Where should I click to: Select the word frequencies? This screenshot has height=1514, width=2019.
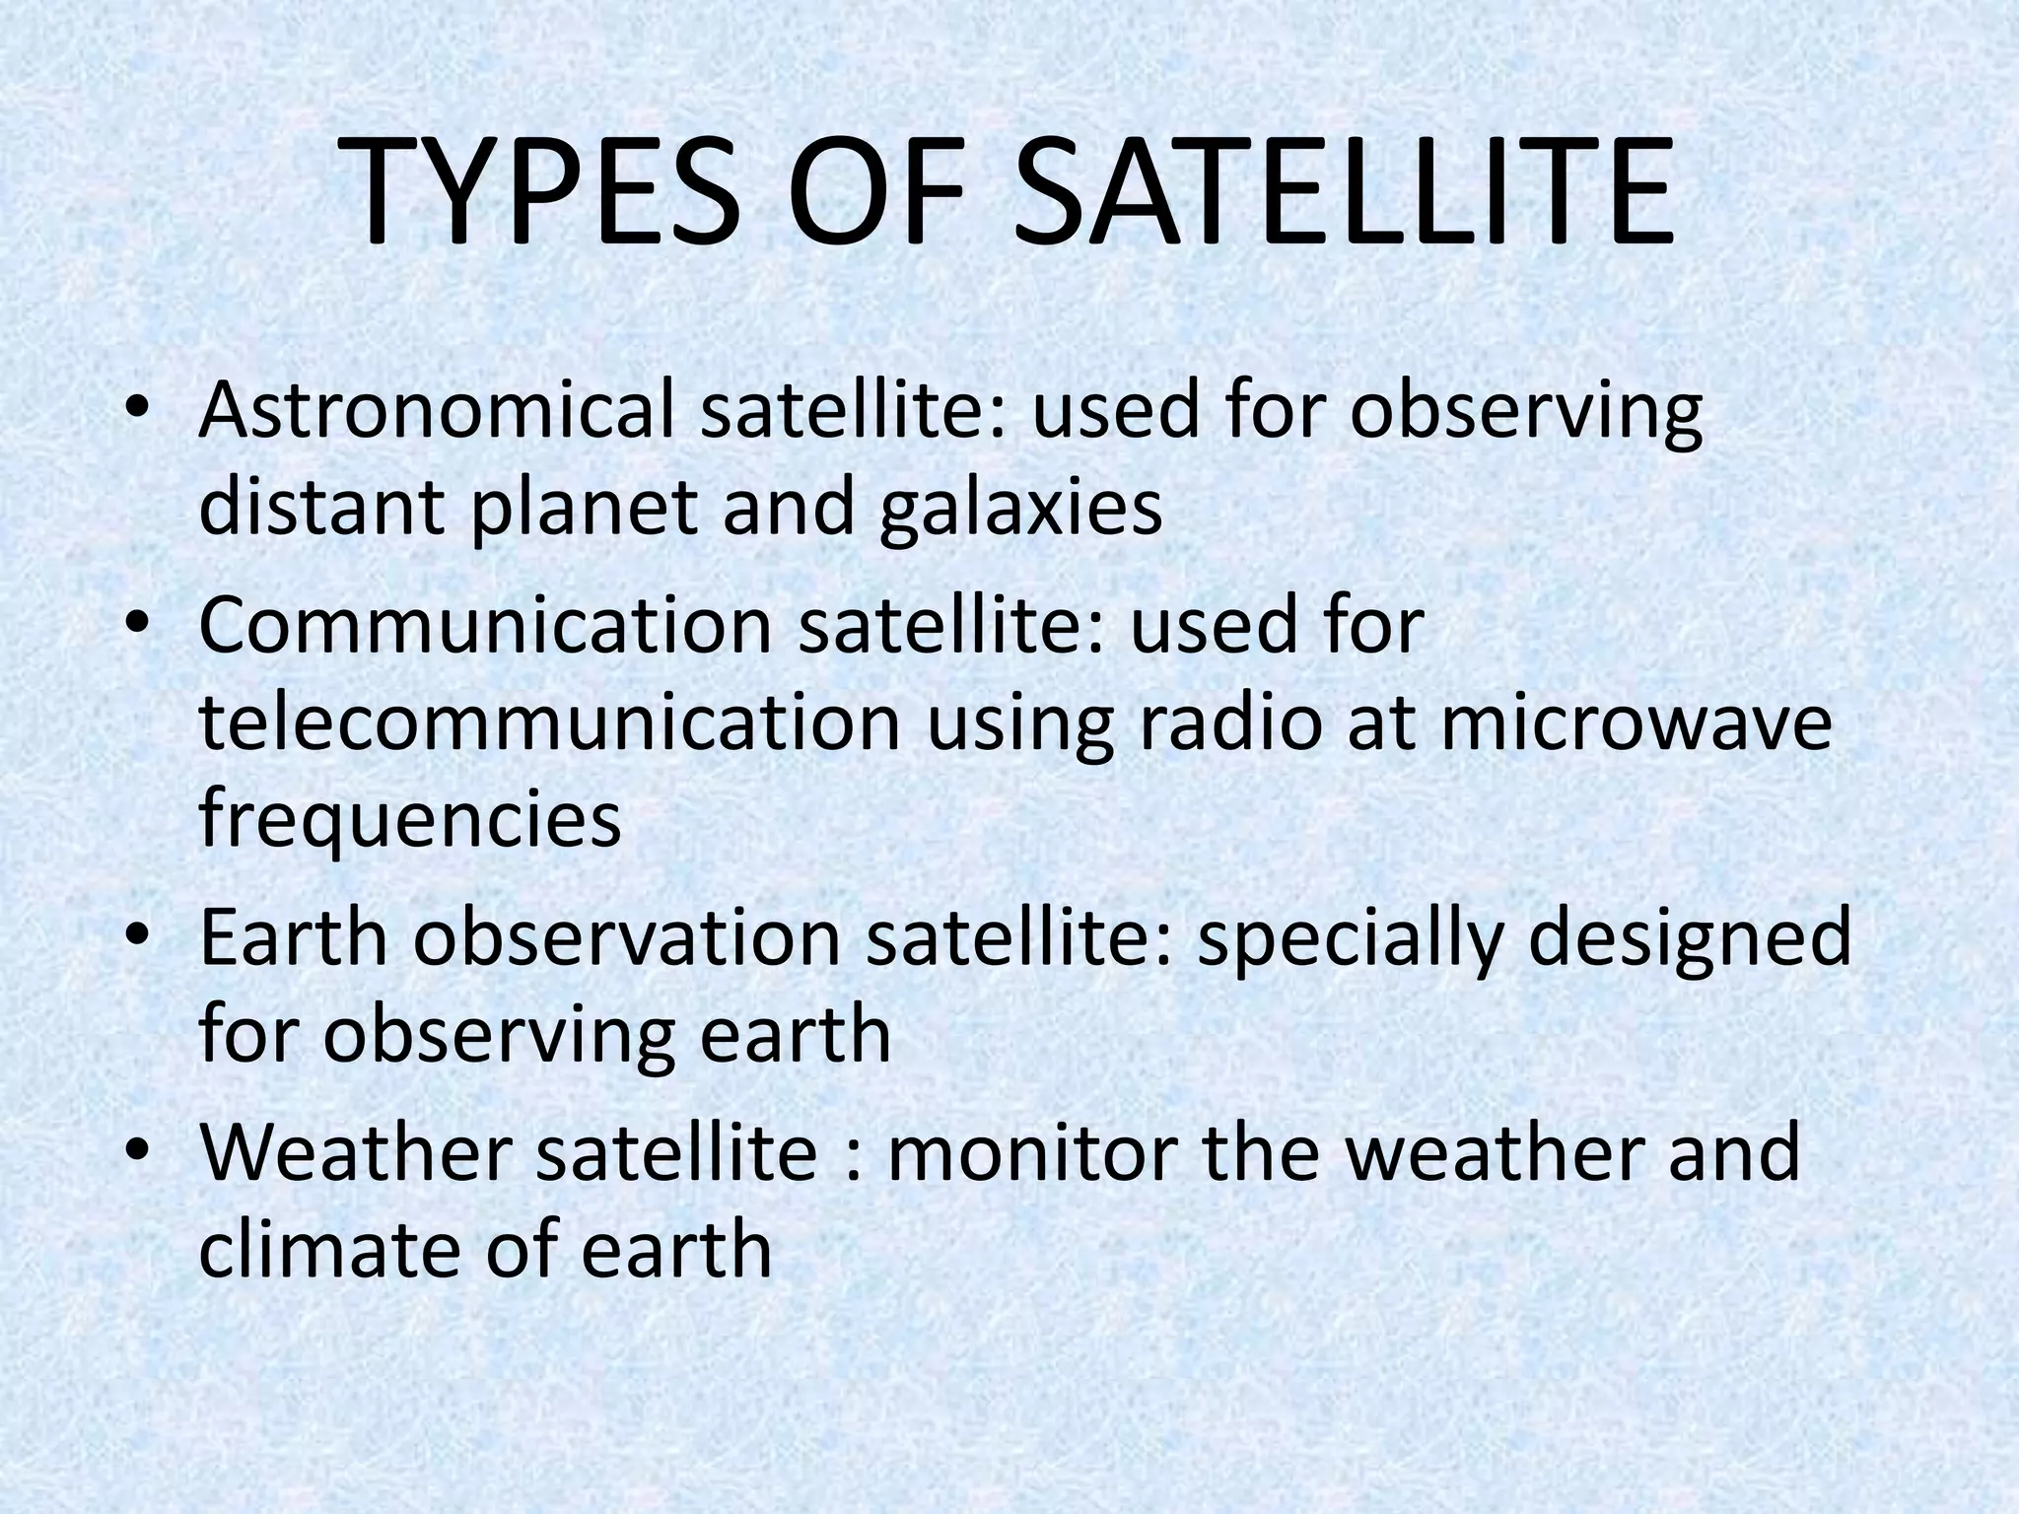pos(410,821)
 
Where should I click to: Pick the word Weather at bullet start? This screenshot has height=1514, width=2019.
pos(355,1152)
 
